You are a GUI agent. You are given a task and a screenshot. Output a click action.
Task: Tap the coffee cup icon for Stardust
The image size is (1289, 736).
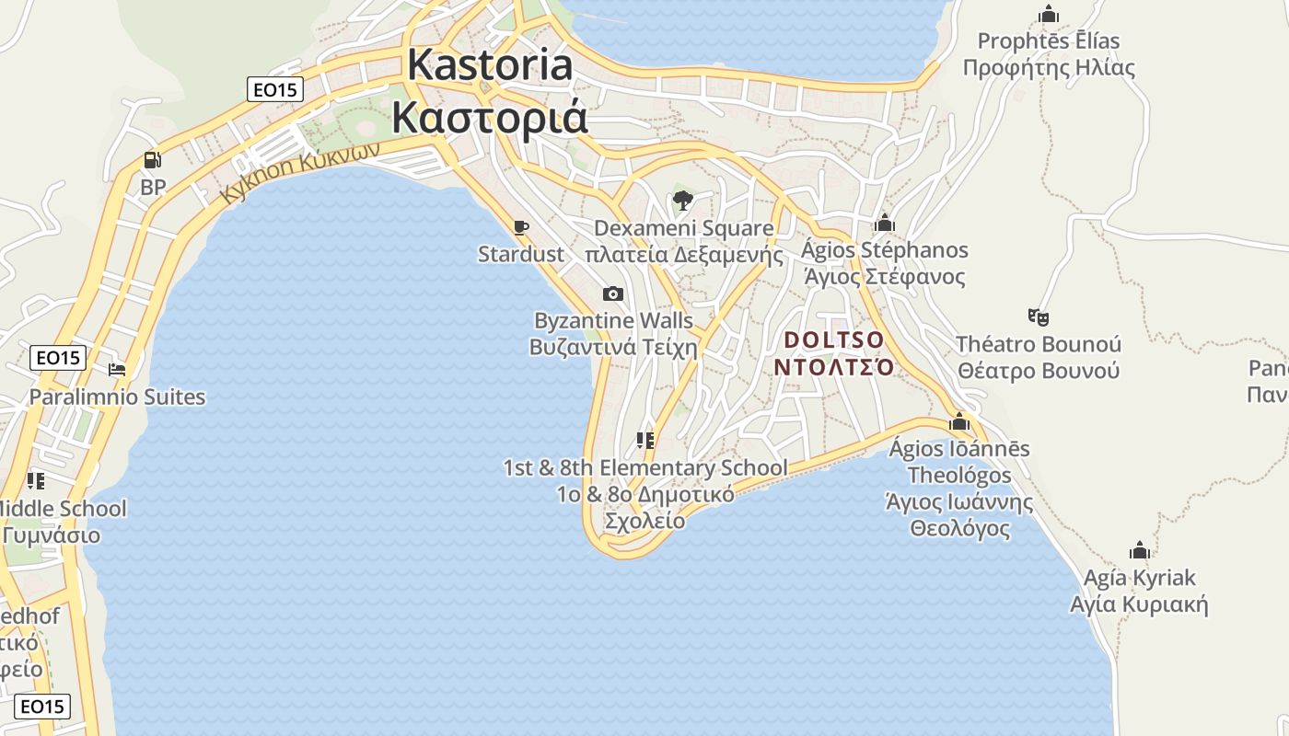[521, 227]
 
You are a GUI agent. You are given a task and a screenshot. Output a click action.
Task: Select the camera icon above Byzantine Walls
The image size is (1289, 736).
[612, 294]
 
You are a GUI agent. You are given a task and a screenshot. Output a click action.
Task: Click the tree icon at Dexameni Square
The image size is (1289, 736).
[682, 201]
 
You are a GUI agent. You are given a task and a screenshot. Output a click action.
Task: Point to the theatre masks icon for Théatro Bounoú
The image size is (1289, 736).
[1039, 317]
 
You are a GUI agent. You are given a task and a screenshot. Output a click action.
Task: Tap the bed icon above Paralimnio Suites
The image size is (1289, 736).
[117, 370]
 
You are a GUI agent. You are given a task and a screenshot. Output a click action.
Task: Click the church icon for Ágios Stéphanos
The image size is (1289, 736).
[885, 223]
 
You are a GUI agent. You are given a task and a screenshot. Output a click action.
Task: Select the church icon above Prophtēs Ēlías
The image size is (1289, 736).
[1048, 14]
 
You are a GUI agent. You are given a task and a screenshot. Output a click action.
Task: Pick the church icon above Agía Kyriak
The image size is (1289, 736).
[1140, 550]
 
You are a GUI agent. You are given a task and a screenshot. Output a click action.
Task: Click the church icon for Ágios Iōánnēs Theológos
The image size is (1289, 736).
[959, 421]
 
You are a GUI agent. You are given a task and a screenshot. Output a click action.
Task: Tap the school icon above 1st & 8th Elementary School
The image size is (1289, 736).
[645, 441]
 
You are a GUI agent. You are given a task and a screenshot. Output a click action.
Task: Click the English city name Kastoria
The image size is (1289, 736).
[490, 65]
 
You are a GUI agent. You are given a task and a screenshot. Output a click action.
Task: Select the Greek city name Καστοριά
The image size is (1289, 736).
[490, 119]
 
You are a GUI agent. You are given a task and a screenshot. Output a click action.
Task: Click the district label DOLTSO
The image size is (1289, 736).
[833, 340]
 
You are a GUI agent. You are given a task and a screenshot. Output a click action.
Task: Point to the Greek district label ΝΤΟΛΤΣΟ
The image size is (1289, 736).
[833, 367]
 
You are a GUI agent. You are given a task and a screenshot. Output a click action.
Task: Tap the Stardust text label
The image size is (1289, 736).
[521, 254]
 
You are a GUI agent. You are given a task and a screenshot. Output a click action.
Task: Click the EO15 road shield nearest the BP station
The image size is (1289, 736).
[275, 89]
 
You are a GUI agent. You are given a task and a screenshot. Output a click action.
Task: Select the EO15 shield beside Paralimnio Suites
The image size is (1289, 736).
[58, 358]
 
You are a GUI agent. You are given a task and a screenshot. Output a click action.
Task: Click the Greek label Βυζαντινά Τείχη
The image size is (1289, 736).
[613, 348]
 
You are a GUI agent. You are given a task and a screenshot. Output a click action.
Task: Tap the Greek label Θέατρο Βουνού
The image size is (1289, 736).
[1039, 371]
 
